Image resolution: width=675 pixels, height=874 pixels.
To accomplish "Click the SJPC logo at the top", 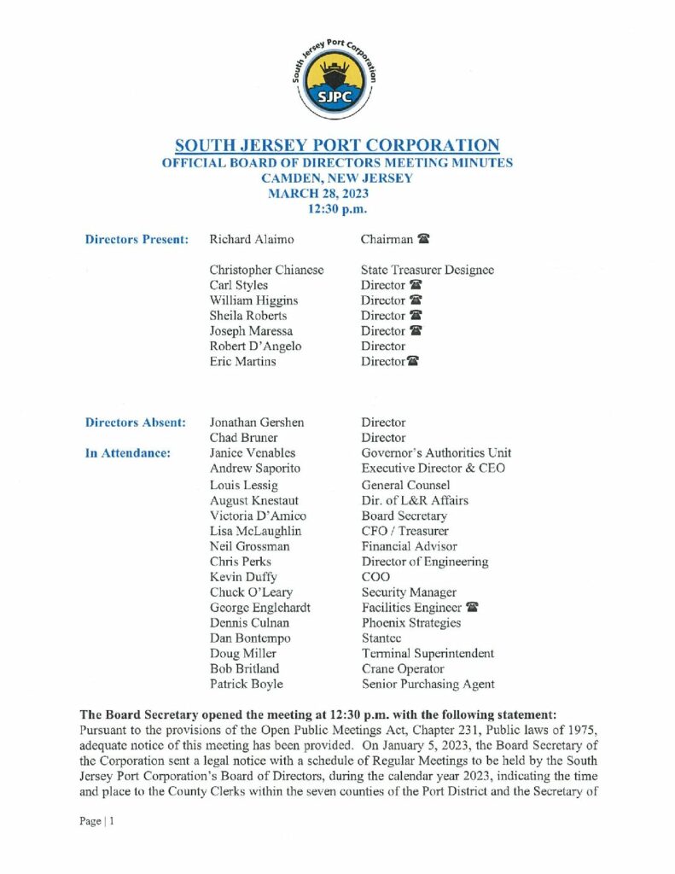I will click(x=337, y=79).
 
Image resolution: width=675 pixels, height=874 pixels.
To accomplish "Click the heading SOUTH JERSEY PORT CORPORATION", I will click(x=337, y=145).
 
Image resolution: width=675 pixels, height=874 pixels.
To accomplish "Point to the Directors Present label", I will click(x=137, y=240).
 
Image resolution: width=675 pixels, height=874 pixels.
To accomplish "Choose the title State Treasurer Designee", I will click(x=428, y=270).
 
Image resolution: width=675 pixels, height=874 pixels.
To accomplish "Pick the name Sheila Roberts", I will click(x=248, y=316).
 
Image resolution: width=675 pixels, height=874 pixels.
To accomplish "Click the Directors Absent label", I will click(x=136, y=422).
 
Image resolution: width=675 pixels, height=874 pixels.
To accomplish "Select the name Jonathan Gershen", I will click(x=257, y=422).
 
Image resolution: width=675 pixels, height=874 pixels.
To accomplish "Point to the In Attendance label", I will click(x=128, y=453).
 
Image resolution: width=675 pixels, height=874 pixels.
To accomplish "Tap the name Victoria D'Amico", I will click(x=259, y=516).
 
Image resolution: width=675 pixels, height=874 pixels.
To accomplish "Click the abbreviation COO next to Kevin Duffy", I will click(x=375, y=577).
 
